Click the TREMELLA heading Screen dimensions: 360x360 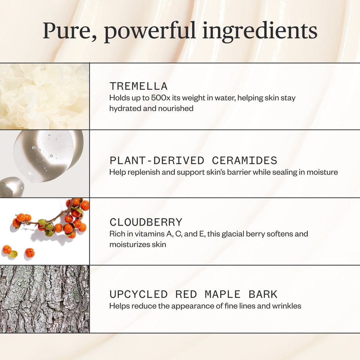(138, 86)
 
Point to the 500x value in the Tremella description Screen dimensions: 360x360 (161, 98)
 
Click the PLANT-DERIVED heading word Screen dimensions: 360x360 (157, 161)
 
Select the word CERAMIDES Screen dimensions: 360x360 (244, 161)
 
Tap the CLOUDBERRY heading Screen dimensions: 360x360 (146, 222)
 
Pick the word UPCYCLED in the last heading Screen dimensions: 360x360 (138, 295)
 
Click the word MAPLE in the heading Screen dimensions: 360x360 (223, 295)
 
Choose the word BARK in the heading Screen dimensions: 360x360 (263, 295)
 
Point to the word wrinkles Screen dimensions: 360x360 (286, 306)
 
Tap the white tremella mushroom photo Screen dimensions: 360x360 (44, 96)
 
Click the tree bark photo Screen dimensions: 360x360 (44, 299)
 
